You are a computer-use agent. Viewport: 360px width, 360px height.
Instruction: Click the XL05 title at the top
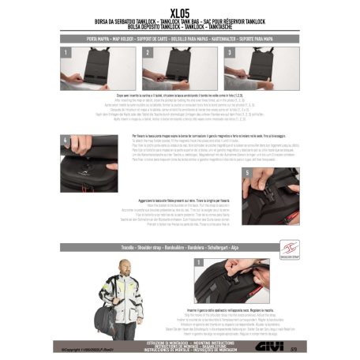[180, 14]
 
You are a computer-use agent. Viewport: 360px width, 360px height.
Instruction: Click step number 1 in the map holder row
[63, 51]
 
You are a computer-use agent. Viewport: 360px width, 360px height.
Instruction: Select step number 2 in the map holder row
[148, 51]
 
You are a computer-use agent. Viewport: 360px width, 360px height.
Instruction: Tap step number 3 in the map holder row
[227, 51]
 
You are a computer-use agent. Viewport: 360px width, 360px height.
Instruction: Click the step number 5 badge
[248, 171]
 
